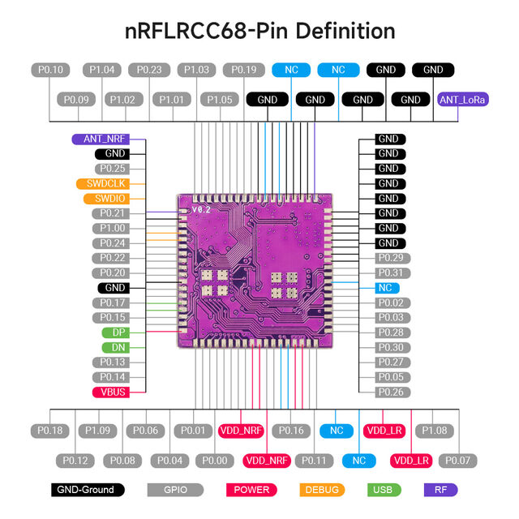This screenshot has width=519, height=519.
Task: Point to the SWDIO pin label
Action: click(x=105, y=198)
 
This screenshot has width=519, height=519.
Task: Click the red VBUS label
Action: click(x=113, y=392)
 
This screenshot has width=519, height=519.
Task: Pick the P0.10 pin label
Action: click(x=51, y=70)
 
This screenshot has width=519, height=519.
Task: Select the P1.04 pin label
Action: click(x=101, y=70)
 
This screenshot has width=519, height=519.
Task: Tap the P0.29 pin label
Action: click(x=390, y=258)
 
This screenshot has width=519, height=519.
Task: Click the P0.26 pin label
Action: click(x=390, y=392)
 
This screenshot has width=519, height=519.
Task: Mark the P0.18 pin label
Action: click(x=51, y=431)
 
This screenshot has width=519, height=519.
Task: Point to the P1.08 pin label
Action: click(x=435, y=431)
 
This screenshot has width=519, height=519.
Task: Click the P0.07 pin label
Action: click(x=458, y=461)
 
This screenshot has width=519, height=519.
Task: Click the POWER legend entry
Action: click(x=251, y=490)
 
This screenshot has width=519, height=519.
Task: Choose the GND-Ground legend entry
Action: click(x=88, y=490)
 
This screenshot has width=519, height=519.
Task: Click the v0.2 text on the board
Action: click(x=201, y=210)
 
